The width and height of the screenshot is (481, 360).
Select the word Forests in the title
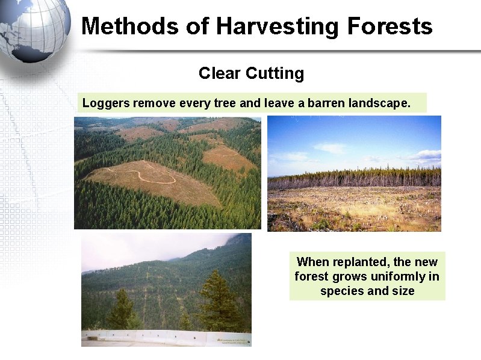(x=389, y=26)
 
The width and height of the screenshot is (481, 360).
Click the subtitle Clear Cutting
(x=251, y=73)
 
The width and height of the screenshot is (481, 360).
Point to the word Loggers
(x=106, y=103)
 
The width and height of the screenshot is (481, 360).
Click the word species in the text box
(x=340, y=291)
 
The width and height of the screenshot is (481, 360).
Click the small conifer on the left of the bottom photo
(x=121, y=310)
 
